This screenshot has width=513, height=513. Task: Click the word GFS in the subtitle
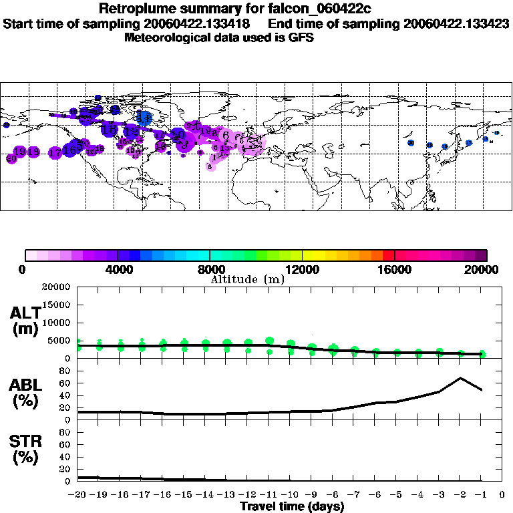point(301,37)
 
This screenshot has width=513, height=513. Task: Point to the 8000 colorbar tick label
point(209,270)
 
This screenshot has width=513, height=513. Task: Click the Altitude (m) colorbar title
point(247,279)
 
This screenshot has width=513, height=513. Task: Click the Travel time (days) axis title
point(292,507)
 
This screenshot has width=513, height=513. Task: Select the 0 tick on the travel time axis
point(502,495)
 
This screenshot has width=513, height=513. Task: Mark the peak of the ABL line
point(460,378)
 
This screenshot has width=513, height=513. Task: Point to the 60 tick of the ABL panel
point(66,383)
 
